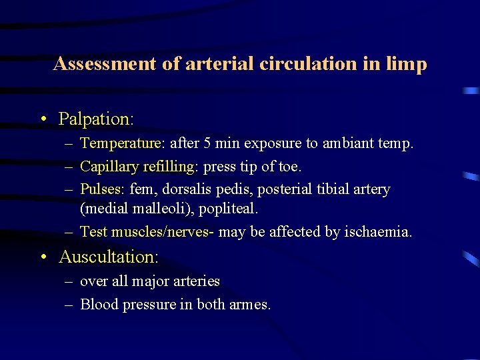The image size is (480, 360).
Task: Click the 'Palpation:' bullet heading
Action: coord(96,119)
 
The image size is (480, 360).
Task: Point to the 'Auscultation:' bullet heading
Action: coord(107,257)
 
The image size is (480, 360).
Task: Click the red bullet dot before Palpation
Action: coord(43,120)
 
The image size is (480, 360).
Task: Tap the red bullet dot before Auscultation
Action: coord(43,257)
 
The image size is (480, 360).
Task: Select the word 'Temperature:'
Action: coord(123,143)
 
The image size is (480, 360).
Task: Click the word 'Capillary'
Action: coord(108,167)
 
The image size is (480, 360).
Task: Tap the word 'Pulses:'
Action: coord(103,189)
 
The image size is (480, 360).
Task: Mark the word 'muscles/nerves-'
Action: coord(163,232)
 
